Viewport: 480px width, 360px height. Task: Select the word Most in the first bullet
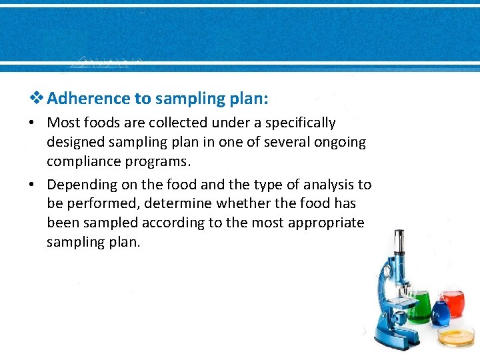(x=63, y=123)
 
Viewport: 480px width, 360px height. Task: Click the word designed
(x=75, y=142)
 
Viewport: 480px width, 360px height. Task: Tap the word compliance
(x=81, y=162)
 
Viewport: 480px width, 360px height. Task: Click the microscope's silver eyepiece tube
(x=398, y=246)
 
